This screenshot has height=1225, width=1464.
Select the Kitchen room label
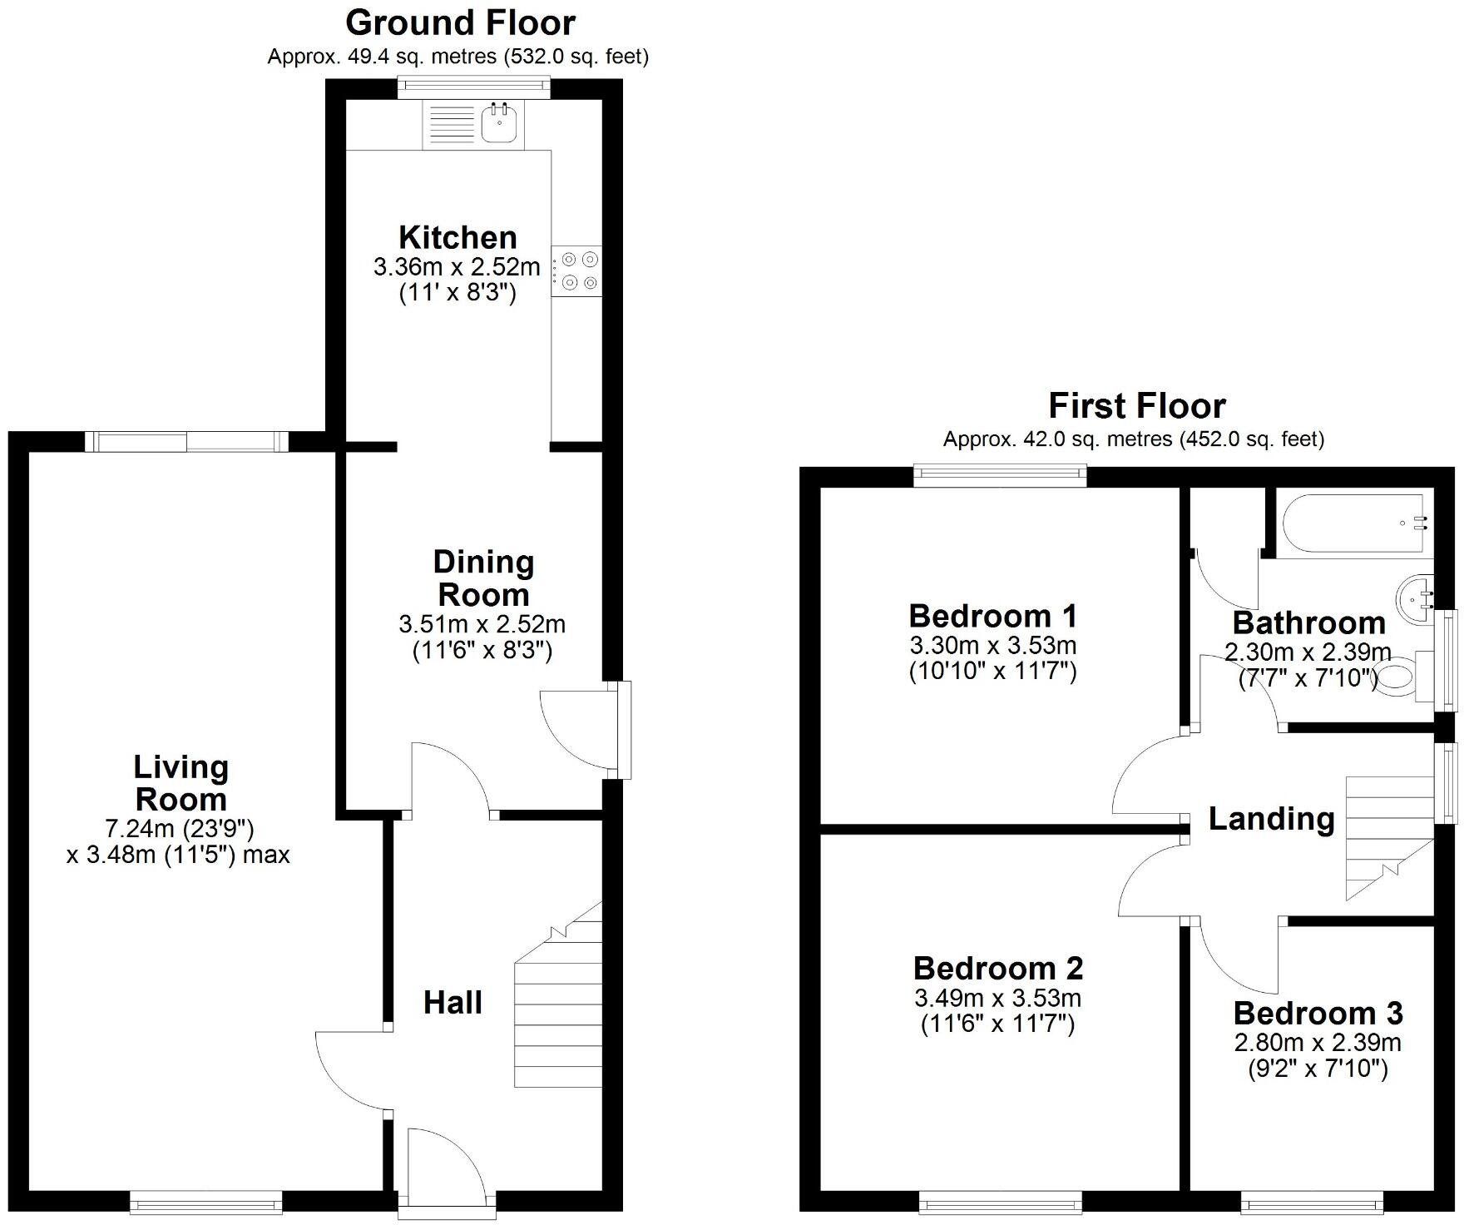pyautogui.click(x=457, y=238)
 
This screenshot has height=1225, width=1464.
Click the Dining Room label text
pyautogui.click(x=483, y=578)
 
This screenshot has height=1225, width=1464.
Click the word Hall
pyautogui.click(x=453, y=1003)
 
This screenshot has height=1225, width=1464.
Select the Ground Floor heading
pyautogui.click(x=460, y=23)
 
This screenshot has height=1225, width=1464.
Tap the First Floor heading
pyautogui.click(x=1136, y=406)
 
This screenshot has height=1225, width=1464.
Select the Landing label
pyautogui.click(x=1271, y=819)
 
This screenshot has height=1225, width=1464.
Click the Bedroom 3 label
pyautogui.click(x=1318, y=1014)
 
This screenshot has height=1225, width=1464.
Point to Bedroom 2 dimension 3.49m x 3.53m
pyautogui.click(x=997, y=997)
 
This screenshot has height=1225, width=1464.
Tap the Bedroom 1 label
pyautogui.click(x=992, y=617)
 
